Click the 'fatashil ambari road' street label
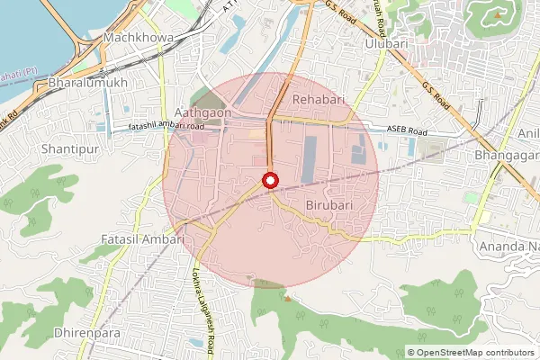tap(166, 127)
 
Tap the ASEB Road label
tap(407, 130)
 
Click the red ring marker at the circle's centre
tap(270, 181)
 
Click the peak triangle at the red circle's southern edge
tap(287, 298)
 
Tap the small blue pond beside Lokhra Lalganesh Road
tap(195, 343)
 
